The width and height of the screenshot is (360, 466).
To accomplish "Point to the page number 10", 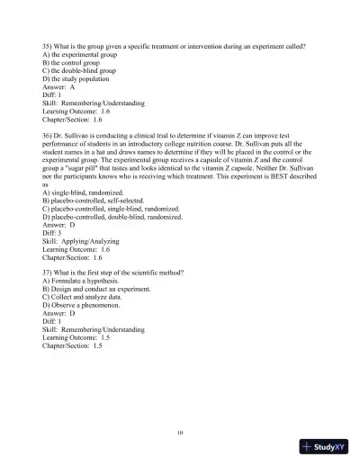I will tap(181, 433).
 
